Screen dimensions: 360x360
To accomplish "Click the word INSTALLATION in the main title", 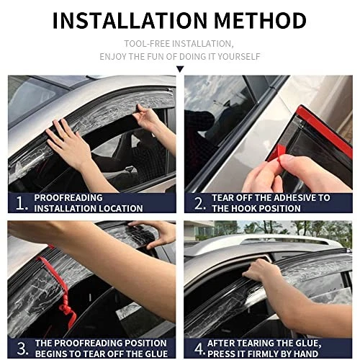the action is coord(130,20).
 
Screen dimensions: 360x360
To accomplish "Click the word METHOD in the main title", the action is coord(260,20).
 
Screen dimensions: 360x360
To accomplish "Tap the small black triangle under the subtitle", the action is coord(180,69).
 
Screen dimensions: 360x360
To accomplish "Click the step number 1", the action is coord(21,203).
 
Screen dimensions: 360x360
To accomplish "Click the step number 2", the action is coord(199,203).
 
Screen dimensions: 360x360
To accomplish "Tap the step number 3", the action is coord(22,348).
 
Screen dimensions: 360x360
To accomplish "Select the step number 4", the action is coord(199,348).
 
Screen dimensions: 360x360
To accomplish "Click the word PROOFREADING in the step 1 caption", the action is coord(68,198).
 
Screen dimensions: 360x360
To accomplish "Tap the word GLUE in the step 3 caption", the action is coord(156,354).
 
